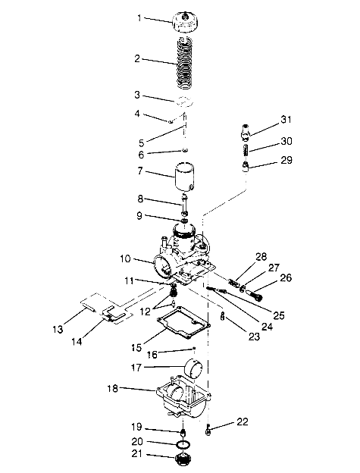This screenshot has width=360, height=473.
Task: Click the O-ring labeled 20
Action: click(180, 443)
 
